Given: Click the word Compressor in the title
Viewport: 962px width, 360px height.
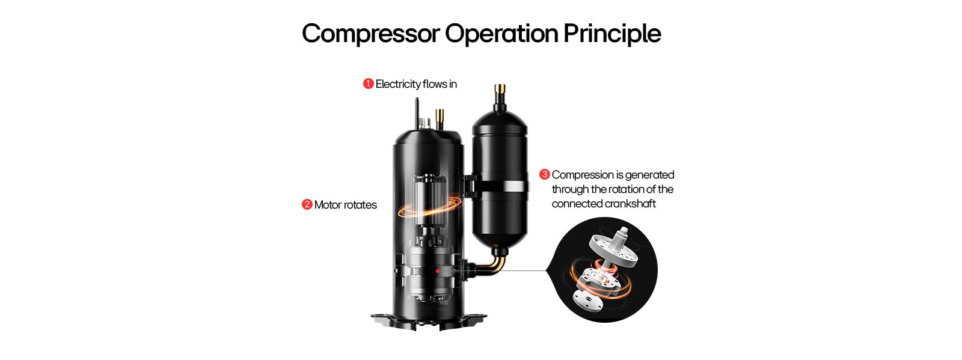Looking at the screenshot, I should [x=370, y=34].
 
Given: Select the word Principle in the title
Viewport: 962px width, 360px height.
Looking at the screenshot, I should [x=611, y=34].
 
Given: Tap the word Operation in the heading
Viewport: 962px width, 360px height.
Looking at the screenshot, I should [x=501, y=34].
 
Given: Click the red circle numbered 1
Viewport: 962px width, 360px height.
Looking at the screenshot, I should [x=369, y=84].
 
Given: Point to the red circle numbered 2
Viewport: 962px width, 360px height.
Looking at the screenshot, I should [x=307, y=204].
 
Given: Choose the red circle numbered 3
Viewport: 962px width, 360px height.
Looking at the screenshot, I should [x=545, y=174].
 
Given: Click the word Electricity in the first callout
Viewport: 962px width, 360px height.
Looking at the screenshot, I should [x=398, y=84].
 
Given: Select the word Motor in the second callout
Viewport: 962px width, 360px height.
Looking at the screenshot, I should [x=328, y=205].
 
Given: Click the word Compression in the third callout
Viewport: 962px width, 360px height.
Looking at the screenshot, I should [x=581, y=175].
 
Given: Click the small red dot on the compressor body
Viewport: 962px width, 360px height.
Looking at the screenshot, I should [x=438, y=272].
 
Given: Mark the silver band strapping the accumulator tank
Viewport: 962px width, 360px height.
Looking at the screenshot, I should [x=500, y=186].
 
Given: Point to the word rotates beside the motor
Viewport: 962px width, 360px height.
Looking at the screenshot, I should [x=361, y=205].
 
